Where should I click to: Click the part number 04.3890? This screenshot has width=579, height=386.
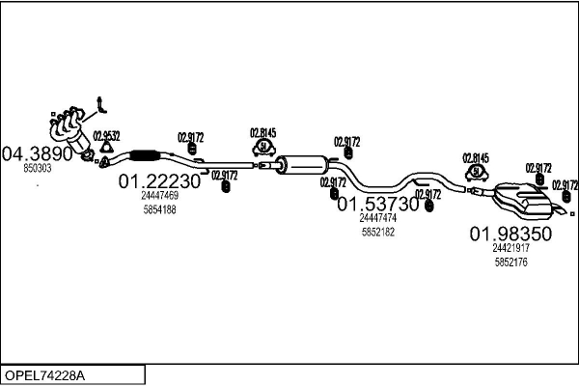click(x=38, y=153)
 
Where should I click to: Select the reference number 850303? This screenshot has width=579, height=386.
click(x=38, y=168)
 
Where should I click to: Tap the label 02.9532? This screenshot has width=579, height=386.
click(x=106, y=135)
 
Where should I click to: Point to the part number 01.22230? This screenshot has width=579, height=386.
click(x=159, y=180)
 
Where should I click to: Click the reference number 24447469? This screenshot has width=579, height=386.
click(x=159, y=196)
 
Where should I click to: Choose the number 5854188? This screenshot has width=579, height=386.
click(x=159, y=209)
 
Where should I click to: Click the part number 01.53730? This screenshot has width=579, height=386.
click(x=377, y=204)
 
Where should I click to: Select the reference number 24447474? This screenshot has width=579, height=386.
click(x=377, y=218)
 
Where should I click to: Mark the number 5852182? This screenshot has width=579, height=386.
click(x=377, y=232)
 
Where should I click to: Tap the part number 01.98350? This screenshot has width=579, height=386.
click(x=510, y=234)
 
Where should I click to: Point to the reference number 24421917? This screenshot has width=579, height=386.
click(x=510, y=248)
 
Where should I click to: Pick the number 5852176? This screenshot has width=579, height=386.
click(x=510, y=262)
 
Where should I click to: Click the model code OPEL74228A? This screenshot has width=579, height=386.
click(x=45, y=373)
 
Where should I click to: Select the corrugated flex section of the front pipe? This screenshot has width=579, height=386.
click(x=145, y=156)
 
